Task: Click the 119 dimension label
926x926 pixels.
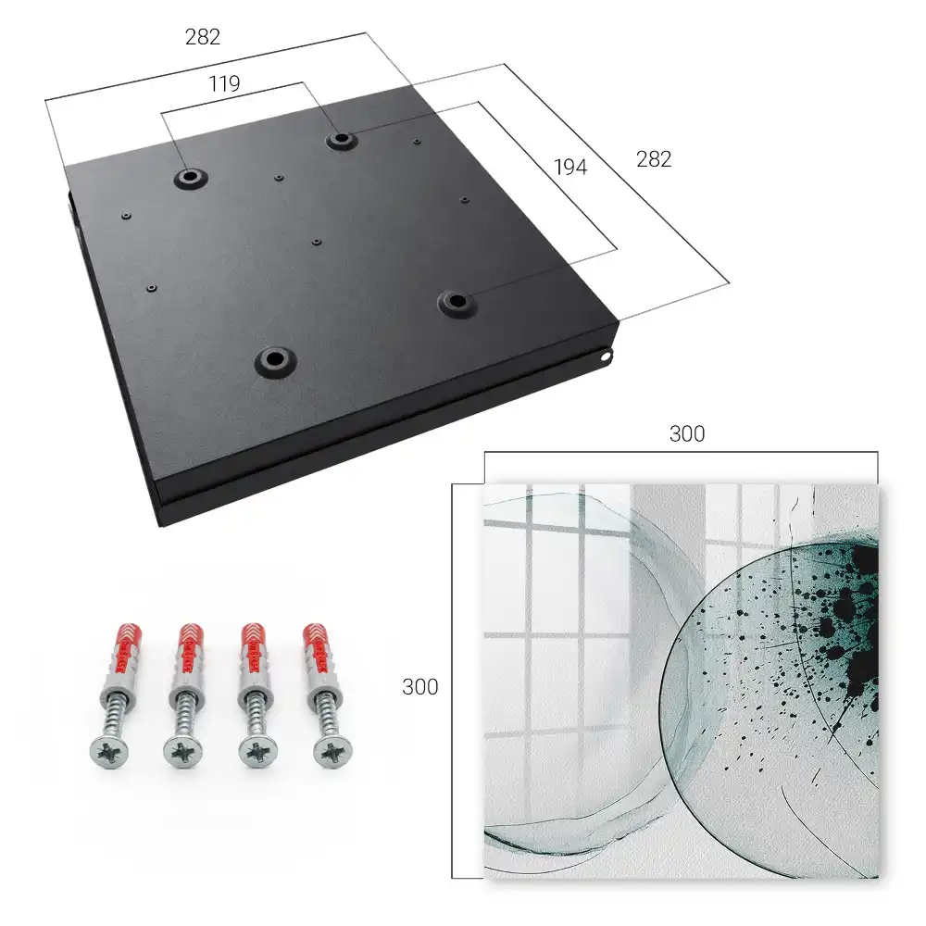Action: [224, 84]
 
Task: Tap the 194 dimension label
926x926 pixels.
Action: [570, 168]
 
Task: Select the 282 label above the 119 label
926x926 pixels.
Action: [203, 37]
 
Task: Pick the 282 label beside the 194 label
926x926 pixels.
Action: [654, 159]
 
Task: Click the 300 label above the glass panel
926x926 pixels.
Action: [687, 434]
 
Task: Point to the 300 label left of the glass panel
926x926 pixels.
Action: [419, 687]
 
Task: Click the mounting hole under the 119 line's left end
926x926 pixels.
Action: [190, 177]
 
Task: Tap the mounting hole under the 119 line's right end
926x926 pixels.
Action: [340, 140]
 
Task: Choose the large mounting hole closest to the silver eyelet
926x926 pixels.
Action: [457, 303]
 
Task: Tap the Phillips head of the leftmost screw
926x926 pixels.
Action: [108, 752]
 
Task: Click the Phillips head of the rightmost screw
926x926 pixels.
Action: [332, 752]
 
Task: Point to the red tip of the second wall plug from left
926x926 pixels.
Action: [191, 641]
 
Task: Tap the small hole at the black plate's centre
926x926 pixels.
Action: [317, 242]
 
